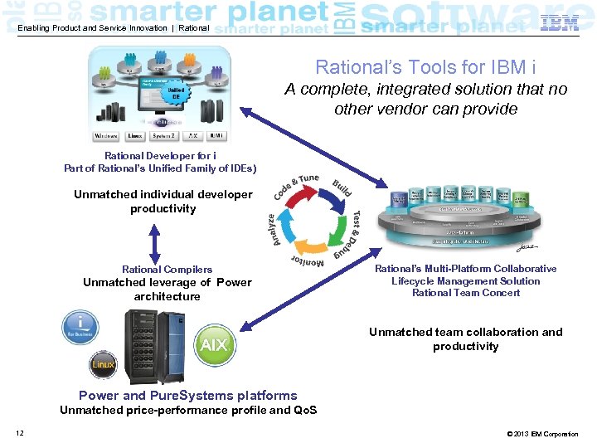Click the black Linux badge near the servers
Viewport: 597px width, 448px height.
tap(104, 363)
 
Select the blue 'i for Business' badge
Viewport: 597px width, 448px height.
tap(80, 327)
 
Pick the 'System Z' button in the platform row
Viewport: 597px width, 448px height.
tap(164, 136)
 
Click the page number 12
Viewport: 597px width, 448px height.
tap(19, 434)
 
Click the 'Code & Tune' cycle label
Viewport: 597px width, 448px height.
tap(295, 186)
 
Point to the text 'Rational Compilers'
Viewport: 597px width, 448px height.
tap(167, 270)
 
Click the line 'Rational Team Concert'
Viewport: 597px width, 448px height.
tap(465, 293)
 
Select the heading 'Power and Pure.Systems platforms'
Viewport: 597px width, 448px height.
tap(187, 396)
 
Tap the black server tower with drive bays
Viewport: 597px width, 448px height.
tap(145, 343)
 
